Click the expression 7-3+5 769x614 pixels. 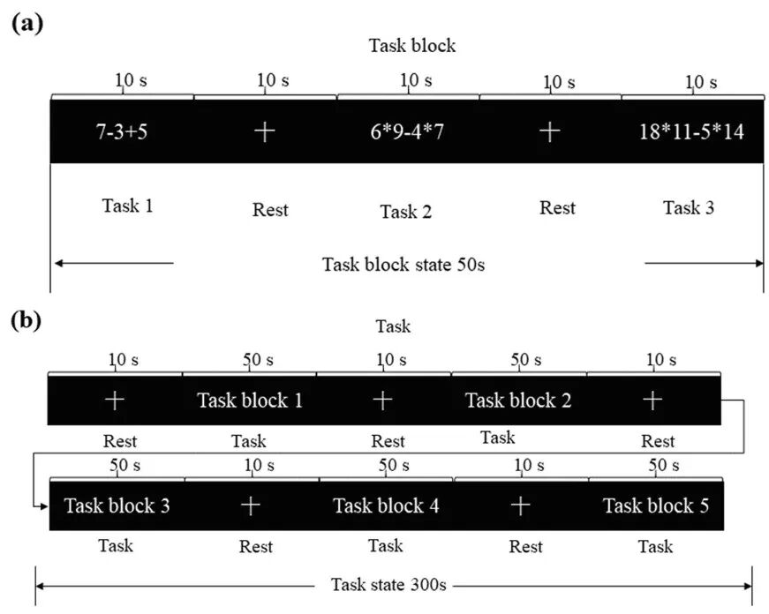(122, 131)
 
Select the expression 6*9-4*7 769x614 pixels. (407, 131)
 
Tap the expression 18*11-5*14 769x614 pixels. (691, 131)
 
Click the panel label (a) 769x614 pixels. (27, 23)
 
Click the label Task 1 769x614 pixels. (127, 206)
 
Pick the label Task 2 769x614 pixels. (406, 212)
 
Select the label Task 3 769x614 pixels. (689, 207)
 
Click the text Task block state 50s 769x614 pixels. (403, 265)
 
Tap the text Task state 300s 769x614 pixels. (388, 585)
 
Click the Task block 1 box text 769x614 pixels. (250, 401)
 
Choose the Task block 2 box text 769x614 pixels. (518, 401)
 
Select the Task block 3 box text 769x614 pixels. (117, 505)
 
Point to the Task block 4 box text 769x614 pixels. (386, 505)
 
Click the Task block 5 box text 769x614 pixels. (656, 505)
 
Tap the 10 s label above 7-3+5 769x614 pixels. (131, 80)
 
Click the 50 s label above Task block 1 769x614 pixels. (258, 360)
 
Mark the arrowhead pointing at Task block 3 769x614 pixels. (45, 505)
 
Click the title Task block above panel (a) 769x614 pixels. (412, 46)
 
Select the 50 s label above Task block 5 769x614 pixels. (664, 465)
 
